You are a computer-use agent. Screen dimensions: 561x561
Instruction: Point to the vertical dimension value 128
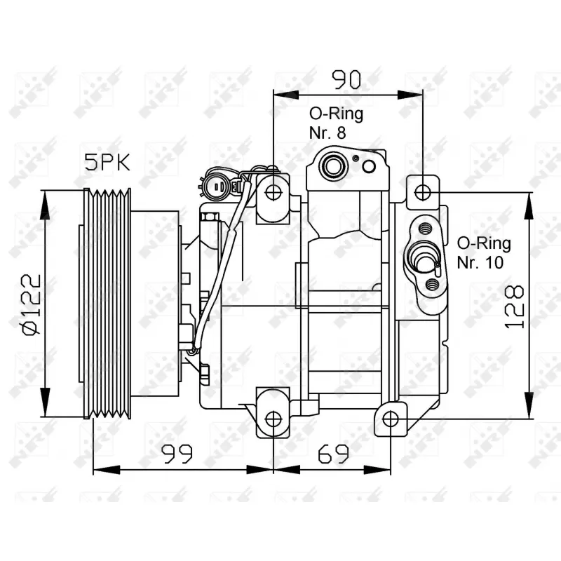click(x=515, y=307)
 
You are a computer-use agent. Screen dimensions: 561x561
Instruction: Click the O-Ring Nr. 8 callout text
click(x=337, y=123)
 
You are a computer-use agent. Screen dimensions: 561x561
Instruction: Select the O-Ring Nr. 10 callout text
click(x=484, y=252)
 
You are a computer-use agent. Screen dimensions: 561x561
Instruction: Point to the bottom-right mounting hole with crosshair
click(x=391, y=419)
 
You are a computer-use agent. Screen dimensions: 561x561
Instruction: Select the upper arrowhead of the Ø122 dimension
click(x=46, y=196)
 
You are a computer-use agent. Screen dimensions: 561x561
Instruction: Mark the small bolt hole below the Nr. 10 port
click(x=432, y=283)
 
